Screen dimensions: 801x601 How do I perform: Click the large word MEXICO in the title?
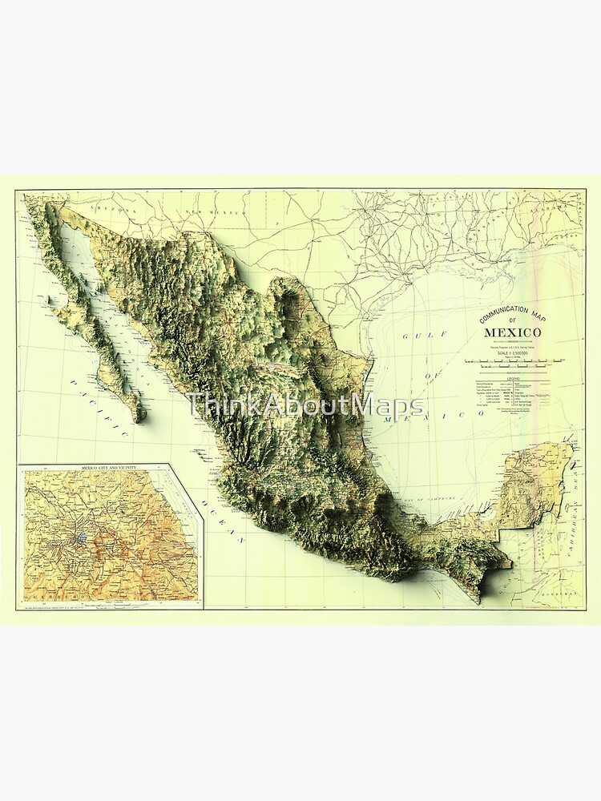tap(511, 332)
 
